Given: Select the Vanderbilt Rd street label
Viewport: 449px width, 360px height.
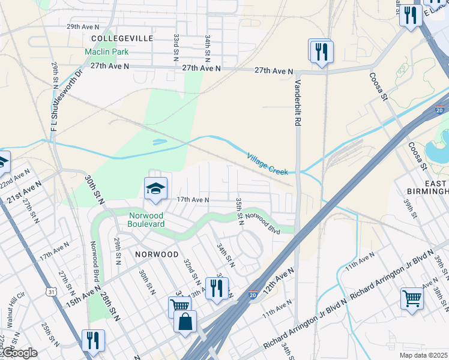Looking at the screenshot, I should pyautogui.click(x=297, y=101).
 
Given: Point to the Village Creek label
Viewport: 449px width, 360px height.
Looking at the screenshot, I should pyautogui.click(x=268, y=164).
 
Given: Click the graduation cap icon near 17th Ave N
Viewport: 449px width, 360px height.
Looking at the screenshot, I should pyautogui.click(x=155, y=189).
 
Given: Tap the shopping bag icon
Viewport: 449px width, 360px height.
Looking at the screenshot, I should pyautogui.click(x=185, y=321).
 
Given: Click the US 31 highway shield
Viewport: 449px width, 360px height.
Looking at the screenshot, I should pyautogui.click(x=52, y=292).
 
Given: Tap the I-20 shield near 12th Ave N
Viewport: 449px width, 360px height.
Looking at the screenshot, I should pyautogui.click(x=254, y=295).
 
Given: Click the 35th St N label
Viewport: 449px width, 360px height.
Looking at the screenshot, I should pyautogui.click(x=239, y=211).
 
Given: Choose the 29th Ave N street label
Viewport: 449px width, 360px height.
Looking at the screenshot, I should pyautogui.click(x=83, y=27).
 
